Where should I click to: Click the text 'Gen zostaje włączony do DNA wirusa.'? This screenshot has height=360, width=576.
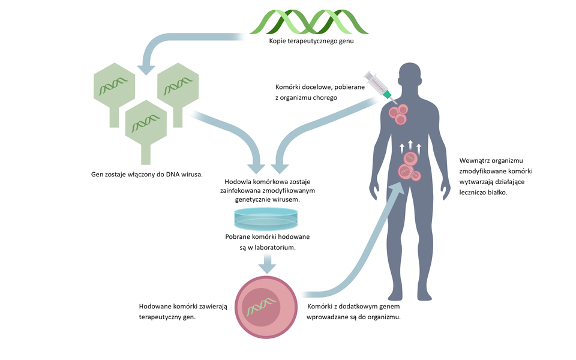tap(147, 175)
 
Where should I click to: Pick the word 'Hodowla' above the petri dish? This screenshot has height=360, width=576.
tap(238, 182)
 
